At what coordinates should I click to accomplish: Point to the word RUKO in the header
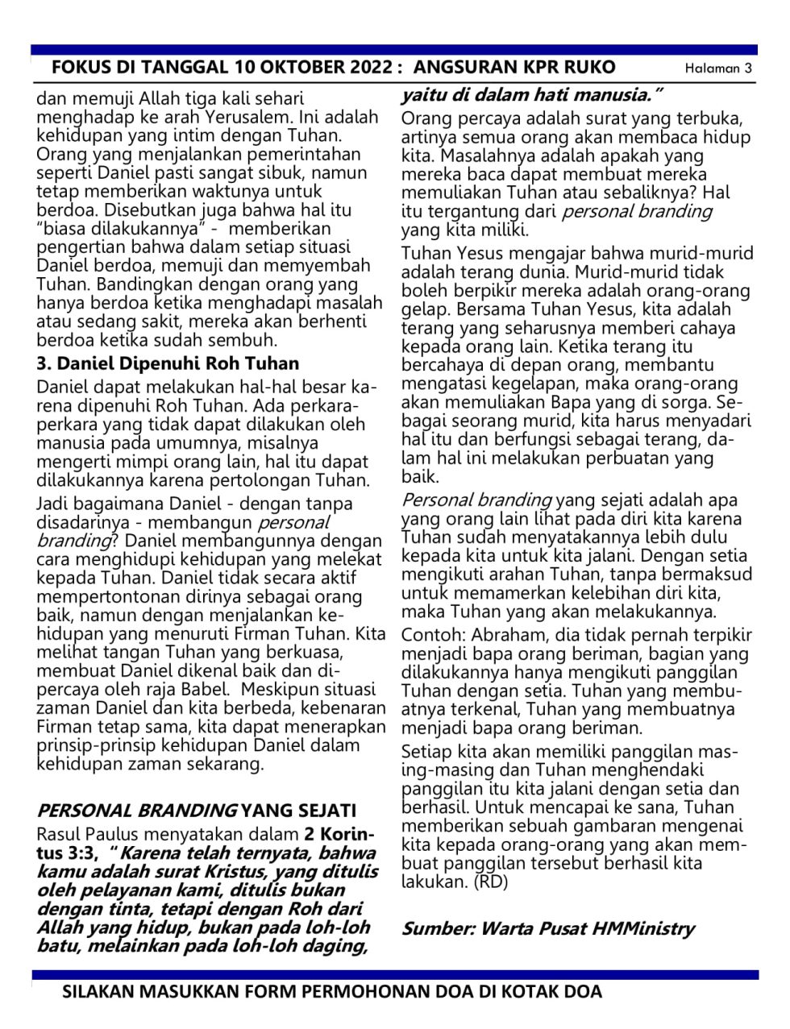588,67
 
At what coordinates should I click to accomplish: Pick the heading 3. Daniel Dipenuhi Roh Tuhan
168,363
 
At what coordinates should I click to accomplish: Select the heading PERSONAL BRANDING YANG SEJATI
197,810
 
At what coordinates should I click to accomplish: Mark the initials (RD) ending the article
491,882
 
